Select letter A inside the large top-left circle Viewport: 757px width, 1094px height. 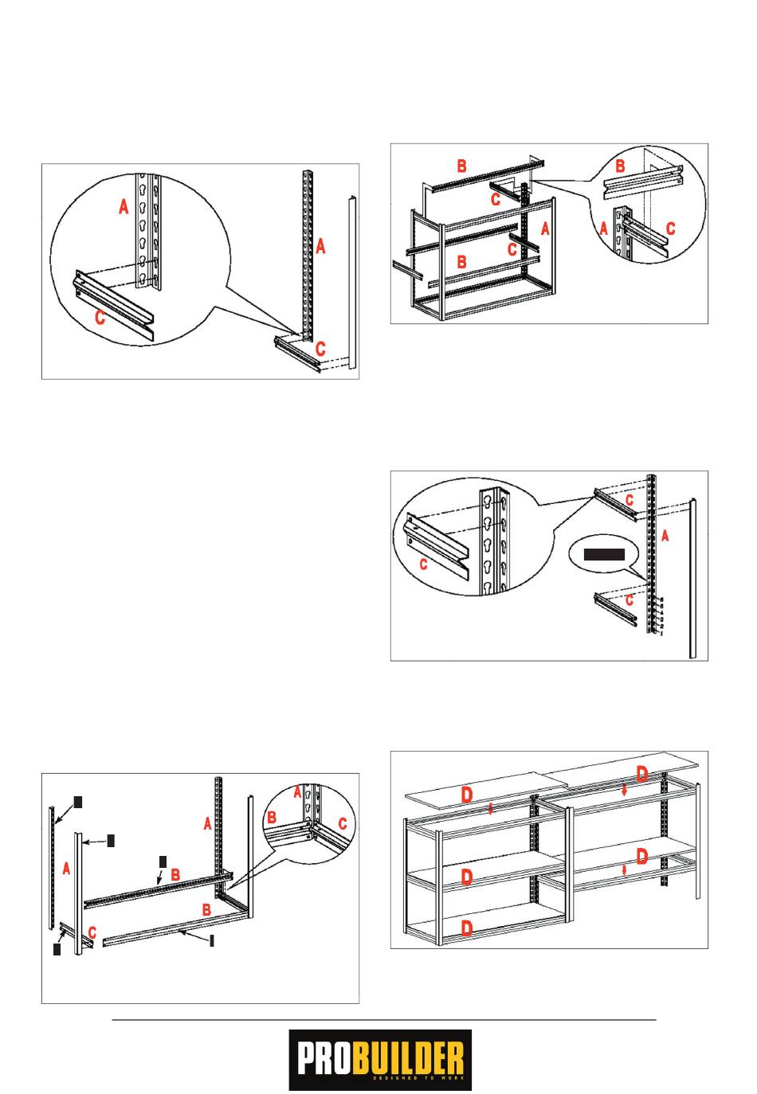(124, 207)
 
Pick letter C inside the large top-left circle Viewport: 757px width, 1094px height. (100, 318)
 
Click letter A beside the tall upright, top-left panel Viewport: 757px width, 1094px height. (320, 247)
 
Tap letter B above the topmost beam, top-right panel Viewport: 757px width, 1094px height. (461, 166)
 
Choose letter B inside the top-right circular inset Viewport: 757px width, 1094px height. (621, 166)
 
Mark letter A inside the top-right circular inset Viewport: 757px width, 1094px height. (604, 228)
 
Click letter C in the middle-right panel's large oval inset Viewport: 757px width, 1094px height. (423, 565)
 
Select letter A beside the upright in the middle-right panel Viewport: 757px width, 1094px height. (665, 536)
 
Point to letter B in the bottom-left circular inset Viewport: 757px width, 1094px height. (271, 817)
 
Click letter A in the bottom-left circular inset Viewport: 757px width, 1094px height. (297, 792)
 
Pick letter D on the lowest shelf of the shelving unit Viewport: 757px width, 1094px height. (467, 928)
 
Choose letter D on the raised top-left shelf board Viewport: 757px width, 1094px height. (467, 795)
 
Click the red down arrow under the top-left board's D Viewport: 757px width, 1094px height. (491, 810)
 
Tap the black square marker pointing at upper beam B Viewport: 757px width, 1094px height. (163, 861)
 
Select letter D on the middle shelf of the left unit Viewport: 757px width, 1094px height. (467, 877)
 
